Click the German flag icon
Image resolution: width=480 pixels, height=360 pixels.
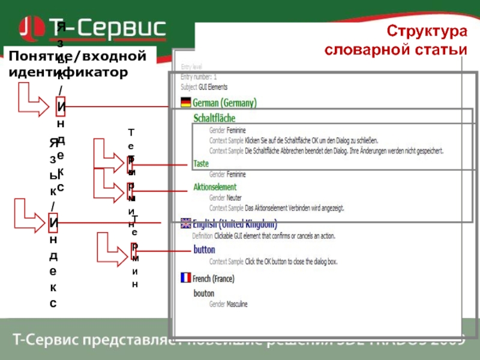(x=185, y=102)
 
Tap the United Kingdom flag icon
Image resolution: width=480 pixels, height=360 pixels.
(x=185, y=224)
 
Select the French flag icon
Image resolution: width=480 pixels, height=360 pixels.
(x=185, y=278)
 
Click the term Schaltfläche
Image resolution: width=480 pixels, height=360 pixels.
(x=214, y=118)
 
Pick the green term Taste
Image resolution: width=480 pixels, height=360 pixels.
(x=201, y=163)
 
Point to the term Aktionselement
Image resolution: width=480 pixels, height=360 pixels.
(x=215, y=187)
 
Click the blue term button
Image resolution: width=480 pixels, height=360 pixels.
(x=204, y=250)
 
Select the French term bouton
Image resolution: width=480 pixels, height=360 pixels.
(x=203, y=293)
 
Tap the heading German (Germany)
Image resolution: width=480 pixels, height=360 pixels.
(x=225, y=103)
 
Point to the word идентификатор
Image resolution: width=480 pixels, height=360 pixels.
(x=68, y=73)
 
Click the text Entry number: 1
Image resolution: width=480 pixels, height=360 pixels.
(x=199, y=77)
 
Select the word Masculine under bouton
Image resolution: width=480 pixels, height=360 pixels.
(x=237, y=304)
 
